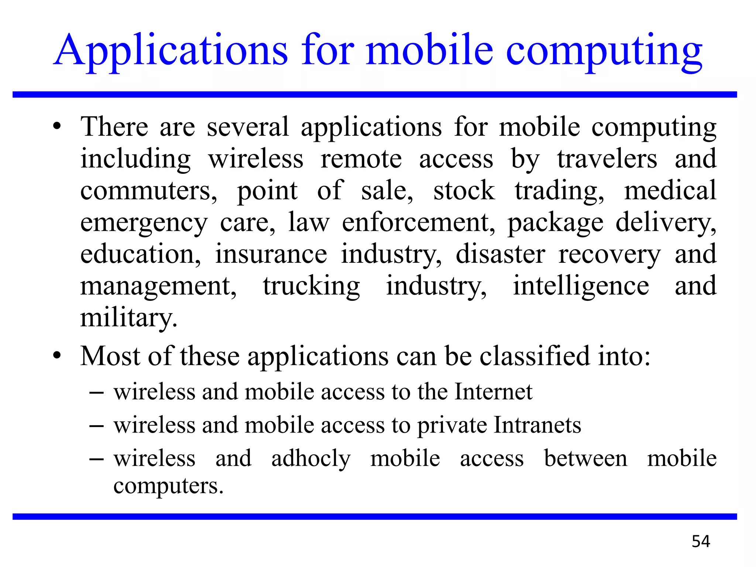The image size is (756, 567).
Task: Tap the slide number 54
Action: tap(701, 542)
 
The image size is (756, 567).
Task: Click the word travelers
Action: tap(607, 159)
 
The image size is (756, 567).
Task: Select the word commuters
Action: tap(149, 191)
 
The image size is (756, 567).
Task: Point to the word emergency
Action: tap(144, 223)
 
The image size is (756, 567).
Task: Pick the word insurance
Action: tap(271, 254)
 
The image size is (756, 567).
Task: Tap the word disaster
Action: tap(500, 254)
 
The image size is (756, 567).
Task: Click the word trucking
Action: tap(311, 286)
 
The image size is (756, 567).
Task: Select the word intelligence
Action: tap(581, 286)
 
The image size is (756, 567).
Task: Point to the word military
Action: tap(129, 318)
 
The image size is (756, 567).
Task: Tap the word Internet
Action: tap(494, 392)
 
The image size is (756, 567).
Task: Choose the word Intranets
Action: tap(537, 425)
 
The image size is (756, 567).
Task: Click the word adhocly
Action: tap(311, 459)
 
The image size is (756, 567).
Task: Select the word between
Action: tap(585, 459)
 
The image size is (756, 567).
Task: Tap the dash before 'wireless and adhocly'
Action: tap(96, 459)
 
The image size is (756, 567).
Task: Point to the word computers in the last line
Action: tap(168, 486)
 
